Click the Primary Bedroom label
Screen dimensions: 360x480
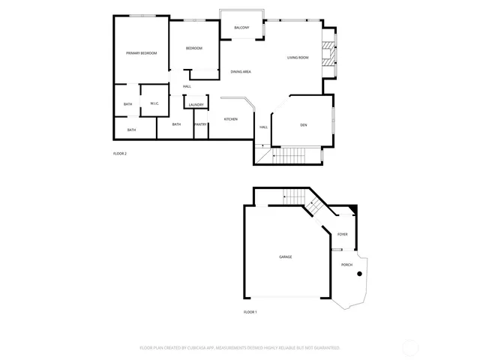tap(141, 53)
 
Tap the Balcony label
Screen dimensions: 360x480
tap(241, 28)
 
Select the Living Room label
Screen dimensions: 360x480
tap(298, 58)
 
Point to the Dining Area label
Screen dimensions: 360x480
tap(240, 71)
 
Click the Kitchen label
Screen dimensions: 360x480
tap(231, 120)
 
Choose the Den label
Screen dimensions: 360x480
tap(304, 124)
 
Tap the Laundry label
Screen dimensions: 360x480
tap(196, 105)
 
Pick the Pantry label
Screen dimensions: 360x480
tap(200, 124)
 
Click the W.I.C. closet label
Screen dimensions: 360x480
tap(154, 103)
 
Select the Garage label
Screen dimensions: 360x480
tap(286, 257)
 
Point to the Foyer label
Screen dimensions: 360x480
tap(342, 235)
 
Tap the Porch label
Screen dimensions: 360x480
tap(346, 265)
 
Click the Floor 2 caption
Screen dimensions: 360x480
tap(120, 154)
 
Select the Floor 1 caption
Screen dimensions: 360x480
tap(250, 311)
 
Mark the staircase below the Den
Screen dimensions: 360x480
tap(289, 155)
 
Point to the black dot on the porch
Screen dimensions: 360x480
tap(360, 274)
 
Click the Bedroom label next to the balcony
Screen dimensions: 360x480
tap(194, 49)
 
